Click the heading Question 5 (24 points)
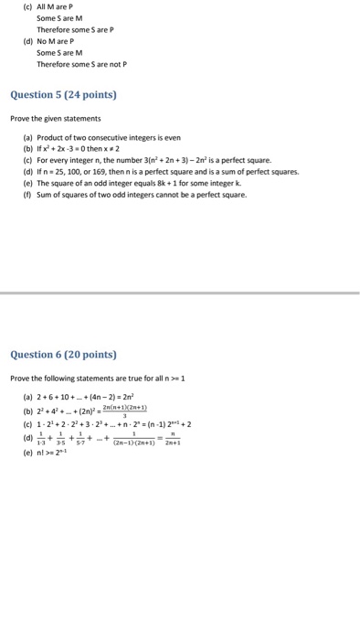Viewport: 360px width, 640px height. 63,94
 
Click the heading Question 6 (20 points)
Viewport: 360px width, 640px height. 63,355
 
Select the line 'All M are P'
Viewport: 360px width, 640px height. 60,6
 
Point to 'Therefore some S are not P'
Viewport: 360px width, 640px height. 81,65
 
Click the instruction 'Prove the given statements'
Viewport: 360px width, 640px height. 55,118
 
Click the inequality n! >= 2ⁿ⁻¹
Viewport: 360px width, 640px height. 60,452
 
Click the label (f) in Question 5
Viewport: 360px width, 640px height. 26,194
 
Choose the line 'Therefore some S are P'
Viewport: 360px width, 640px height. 75,29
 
